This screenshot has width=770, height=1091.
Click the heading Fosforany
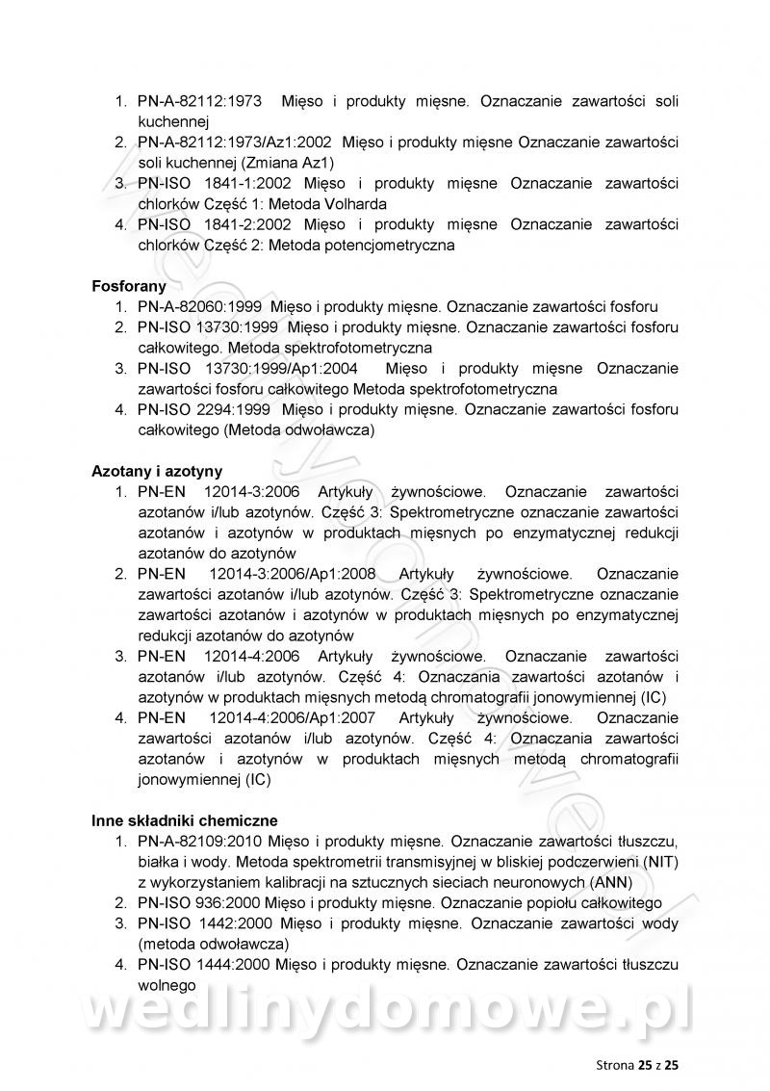click(x=129, y=286)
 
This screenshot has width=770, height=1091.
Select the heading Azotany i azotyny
click(x=157, y=471)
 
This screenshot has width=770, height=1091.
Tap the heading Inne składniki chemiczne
click(x=185, y=820)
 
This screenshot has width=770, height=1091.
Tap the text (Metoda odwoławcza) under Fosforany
click(x=298, y=430)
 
